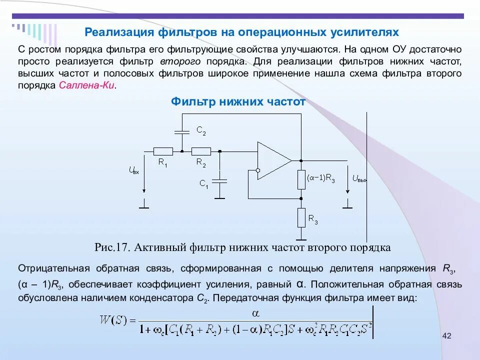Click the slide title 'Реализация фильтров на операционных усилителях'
241,32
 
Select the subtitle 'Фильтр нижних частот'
238,102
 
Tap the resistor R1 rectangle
163,150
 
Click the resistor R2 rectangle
201,150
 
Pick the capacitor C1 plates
220,180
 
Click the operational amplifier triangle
273,160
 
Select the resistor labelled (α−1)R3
301,179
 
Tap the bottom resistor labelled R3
301,218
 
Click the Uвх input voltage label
133,170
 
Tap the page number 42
446,335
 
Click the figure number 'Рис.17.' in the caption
112,247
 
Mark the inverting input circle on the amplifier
258,170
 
